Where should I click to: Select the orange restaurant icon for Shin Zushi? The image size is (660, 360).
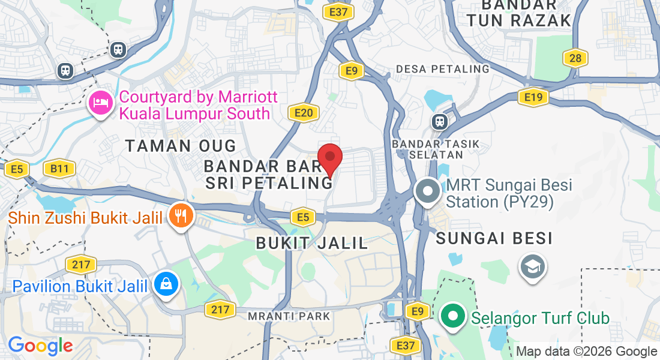click(179, 215)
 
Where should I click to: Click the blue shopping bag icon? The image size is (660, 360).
click(164, 284)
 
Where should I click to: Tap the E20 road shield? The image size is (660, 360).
click(302, 113)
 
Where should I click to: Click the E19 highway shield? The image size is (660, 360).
click(533, 97)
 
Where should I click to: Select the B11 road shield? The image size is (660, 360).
click(59, 169)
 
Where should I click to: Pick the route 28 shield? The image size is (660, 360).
click(575, 58)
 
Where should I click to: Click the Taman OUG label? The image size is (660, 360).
click(181, 145)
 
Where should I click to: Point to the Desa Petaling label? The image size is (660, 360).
click(443, 69)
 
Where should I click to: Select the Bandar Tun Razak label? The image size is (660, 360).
click(519, 13)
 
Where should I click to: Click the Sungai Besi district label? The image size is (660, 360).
click(494, 239)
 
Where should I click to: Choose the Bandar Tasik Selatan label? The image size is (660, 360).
click(428, 149)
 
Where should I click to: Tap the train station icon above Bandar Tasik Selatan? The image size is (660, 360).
click(440, 121)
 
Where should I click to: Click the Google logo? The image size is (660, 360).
click(40, 345)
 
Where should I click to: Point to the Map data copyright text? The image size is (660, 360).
click(586, 352)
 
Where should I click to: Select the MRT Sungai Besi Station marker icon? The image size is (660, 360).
click(428, 192)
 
